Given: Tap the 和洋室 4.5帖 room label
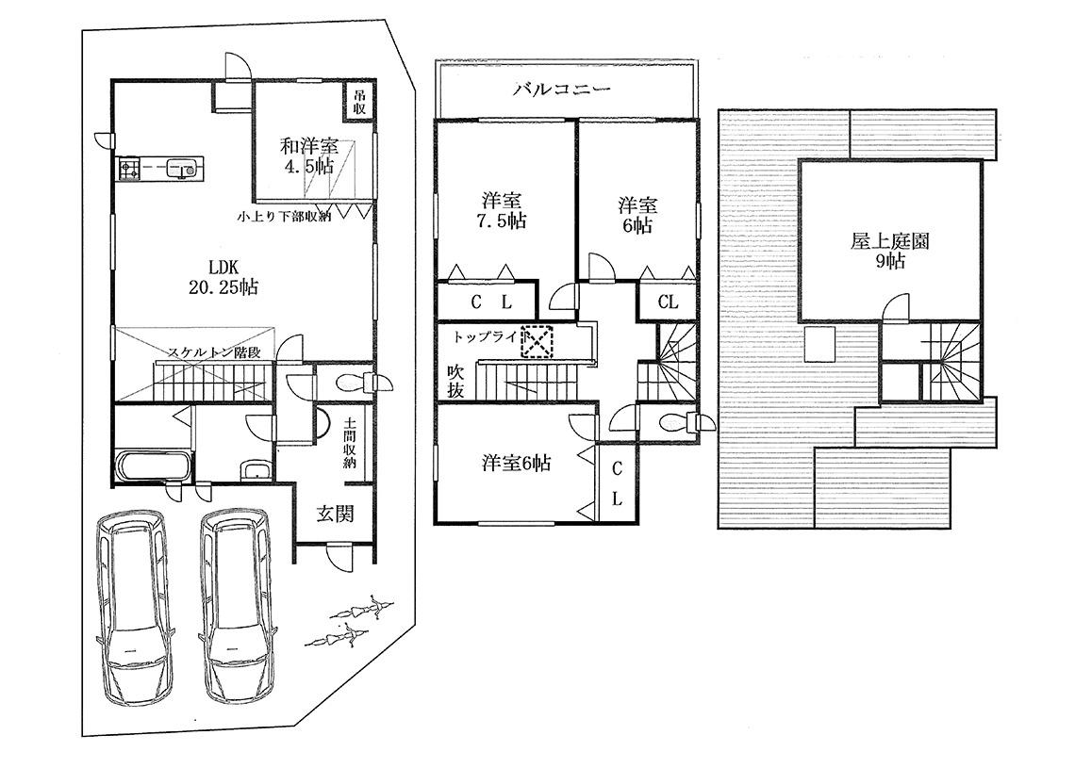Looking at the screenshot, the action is (308, 156).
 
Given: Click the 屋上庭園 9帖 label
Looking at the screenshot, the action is (890, 251).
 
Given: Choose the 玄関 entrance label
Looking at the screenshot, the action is (335, 514).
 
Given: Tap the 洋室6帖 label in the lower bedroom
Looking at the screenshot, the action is (516, 463).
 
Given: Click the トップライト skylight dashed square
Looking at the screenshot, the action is (537, 341).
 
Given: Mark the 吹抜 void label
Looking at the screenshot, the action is (455, 381).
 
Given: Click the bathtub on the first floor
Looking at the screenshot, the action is (153, 466).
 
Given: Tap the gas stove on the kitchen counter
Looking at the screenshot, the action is (130, 168).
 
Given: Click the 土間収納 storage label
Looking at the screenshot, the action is (350, 443).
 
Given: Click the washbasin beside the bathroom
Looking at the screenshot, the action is (257, 470).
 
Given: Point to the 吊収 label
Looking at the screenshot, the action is (359, 103).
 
